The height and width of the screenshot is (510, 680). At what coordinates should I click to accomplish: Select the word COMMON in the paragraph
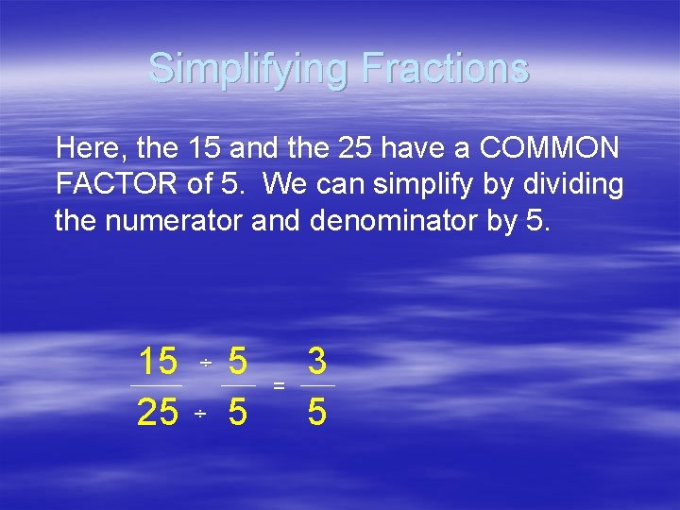[550, 147]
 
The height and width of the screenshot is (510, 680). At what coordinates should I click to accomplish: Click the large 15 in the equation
[158, 361]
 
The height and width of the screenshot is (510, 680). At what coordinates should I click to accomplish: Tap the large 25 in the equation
[158, 413]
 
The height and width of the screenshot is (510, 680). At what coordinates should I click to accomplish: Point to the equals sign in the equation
[279, 386]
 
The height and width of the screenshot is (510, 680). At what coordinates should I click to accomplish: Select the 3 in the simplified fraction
[317, 361]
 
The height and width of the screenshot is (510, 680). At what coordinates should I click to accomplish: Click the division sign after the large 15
[205, 364]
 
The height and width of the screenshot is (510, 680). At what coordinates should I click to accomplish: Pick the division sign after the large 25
[200, 415]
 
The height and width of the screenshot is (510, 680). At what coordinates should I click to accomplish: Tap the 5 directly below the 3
[317, 413]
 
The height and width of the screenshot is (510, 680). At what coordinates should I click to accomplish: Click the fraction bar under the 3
[317, 385]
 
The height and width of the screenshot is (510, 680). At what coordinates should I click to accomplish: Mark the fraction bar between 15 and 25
[157, 385]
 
